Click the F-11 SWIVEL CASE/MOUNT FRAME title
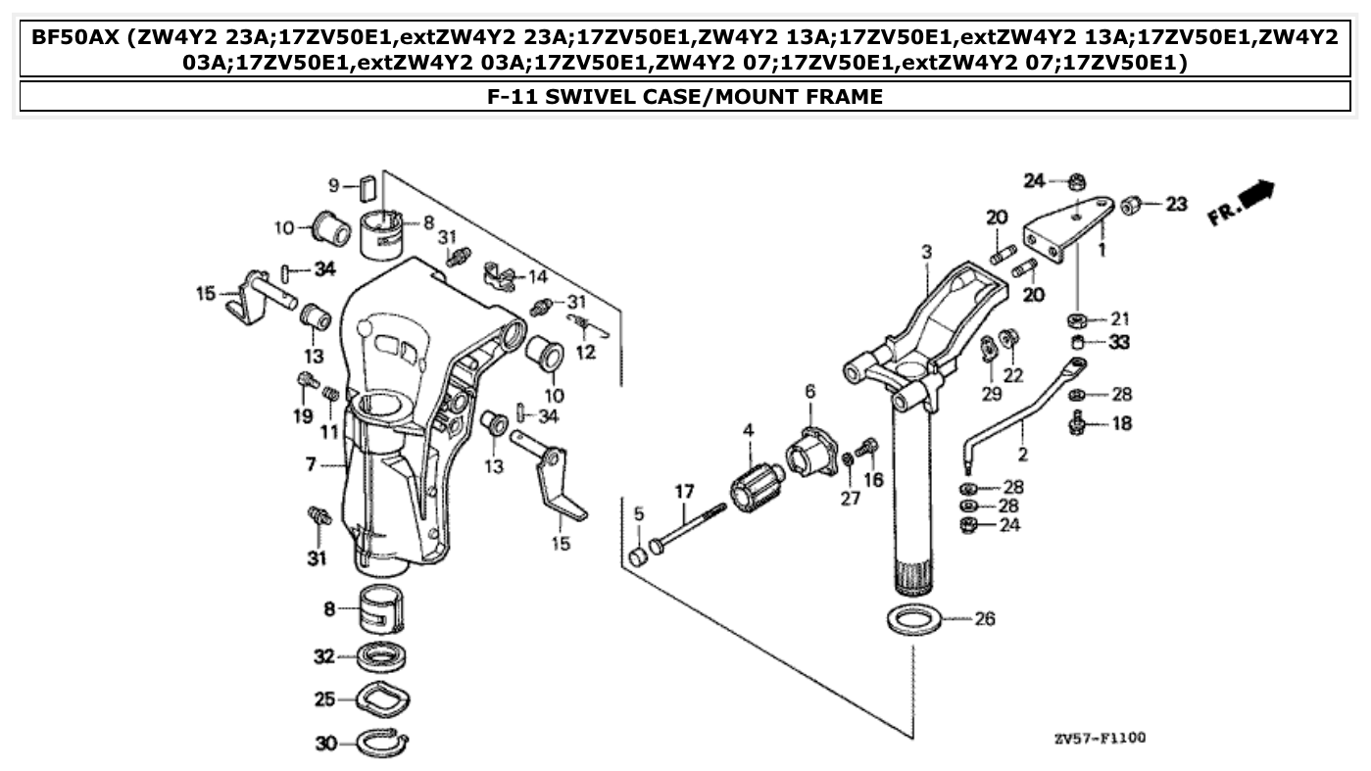pos(685,97)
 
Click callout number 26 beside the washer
pos(985,619)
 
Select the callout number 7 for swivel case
pos(311,463)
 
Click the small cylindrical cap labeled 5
pos(638,556)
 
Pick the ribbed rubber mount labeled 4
pos(758,483)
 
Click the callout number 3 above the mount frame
pos(926,252)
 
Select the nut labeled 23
pos(1129,205)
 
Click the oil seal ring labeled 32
pos(382,655)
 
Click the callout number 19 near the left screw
pos(303,415)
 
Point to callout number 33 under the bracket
pos(1119,343)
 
